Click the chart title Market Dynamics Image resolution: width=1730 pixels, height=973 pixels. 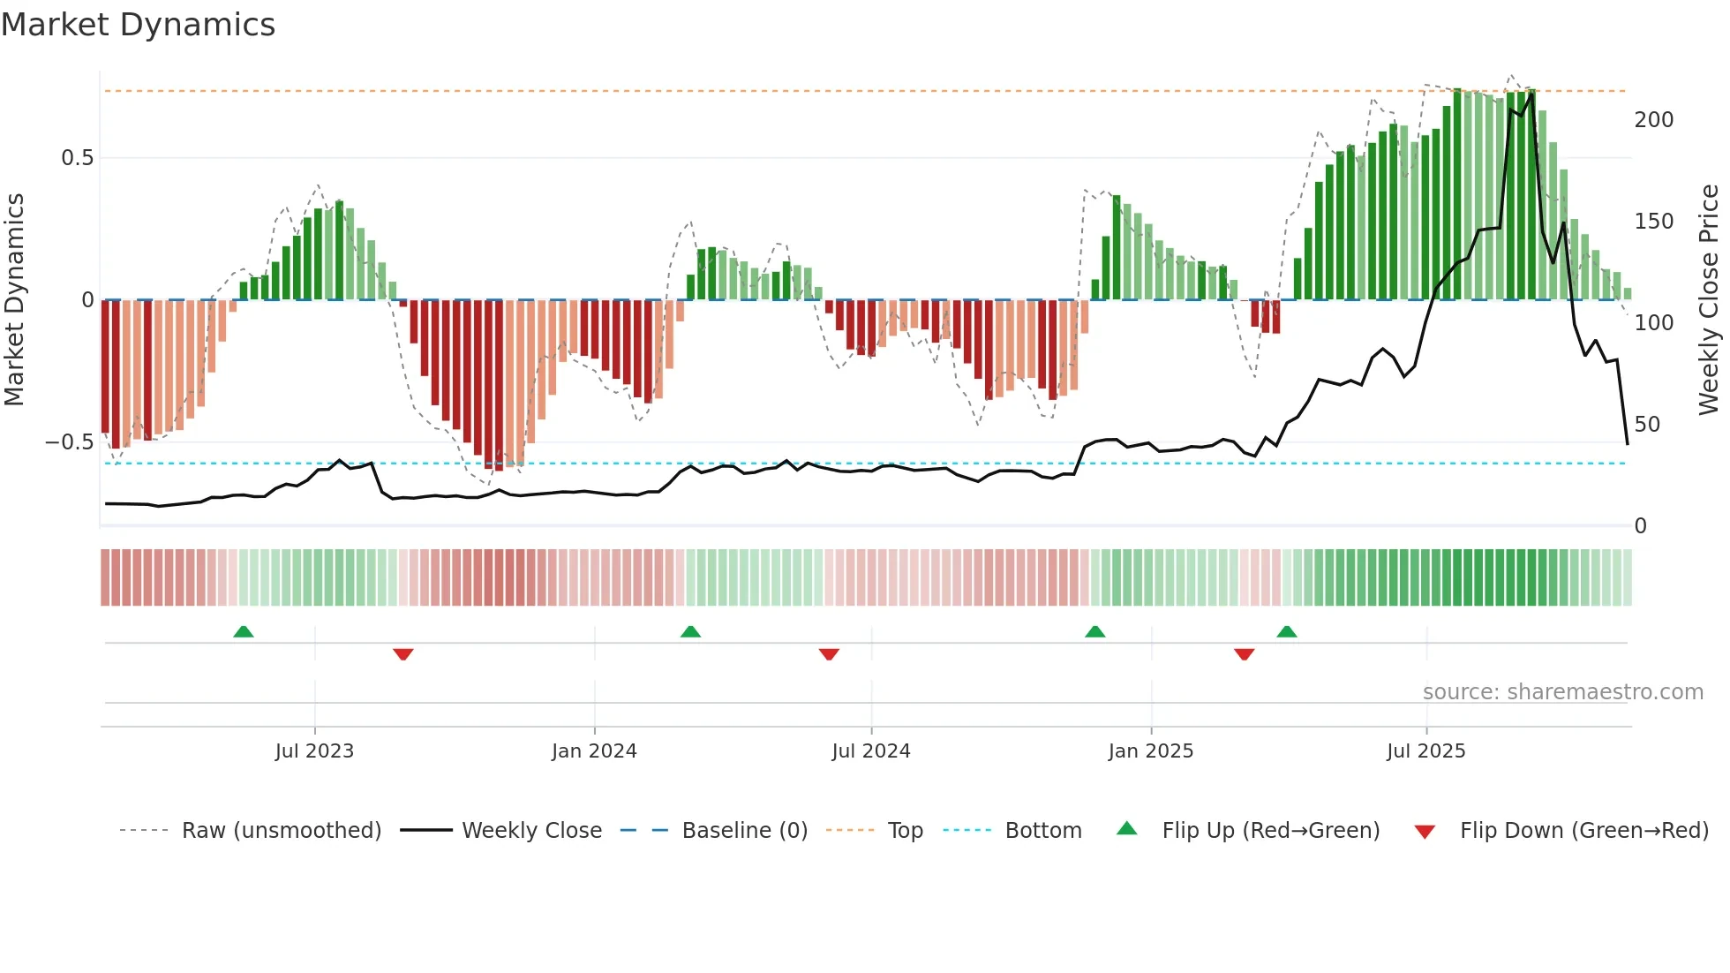pos(139,25)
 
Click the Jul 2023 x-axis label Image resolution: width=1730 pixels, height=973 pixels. pos(314,750)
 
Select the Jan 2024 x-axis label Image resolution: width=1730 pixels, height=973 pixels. pos(594,750)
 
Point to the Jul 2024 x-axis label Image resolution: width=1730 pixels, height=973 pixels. pos(871,750)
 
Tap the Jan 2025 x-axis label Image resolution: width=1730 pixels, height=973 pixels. pos(1151,750)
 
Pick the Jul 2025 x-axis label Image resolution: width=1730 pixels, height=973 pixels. pos(1426,750)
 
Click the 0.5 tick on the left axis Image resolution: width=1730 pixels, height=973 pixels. pos(77,158)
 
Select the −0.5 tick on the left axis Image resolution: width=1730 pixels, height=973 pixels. pos(70,442)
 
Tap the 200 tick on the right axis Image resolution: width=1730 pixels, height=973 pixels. pos(1654,120)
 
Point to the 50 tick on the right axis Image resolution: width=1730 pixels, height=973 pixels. pos(1648,425)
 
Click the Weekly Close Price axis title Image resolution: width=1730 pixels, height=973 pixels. pos(1710,300)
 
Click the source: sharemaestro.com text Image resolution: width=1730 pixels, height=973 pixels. pos(1563,692)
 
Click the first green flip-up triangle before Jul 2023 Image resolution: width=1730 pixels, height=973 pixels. pos(244,631)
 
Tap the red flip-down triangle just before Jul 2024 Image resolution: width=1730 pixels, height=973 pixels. pos(829,654)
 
